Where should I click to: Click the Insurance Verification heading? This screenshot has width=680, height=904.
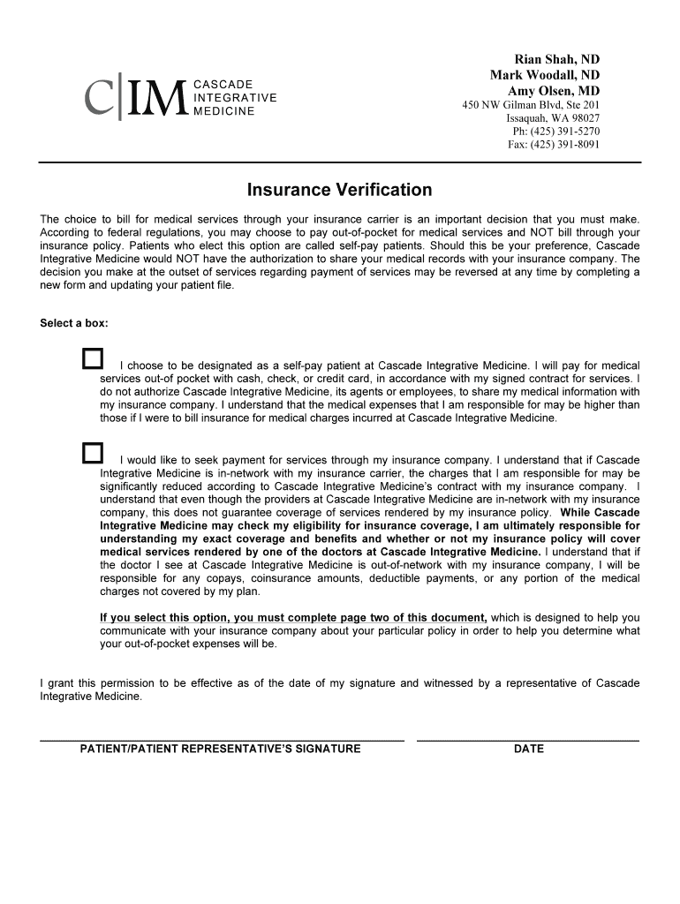pyautogui.click(x=339, y=190)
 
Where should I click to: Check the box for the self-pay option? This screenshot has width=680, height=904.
pyautogui.click(x=92, y=358)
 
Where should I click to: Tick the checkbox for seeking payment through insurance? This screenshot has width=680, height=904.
pyautogui.click(x=92, y=454)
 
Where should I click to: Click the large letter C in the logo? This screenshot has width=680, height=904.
pyautogui.click(x=100, y=100)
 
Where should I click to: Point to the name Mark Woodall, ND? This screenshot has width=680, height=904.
pyautogui.click(x=545, y=75)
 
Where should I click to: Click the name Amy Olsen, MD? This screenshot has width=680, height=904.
pyautogui.click(x=554, y=91)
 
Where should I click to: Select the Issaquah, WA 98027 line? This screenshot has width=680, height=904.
pyautogui.click(x=553, y=118)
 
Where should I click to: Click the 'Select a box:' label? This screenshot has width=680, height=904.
pyautogui.click(x=74, y=323)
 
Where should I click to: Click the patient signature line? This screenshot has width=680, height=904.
pyautogui.click(x=222, y=739)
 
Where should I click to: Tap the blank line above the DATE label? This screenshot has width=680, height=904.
pyautogui.click(x=527, y=739)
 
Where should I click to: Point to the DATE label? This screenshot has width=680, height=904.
pyautogui.click(x=529, y=750)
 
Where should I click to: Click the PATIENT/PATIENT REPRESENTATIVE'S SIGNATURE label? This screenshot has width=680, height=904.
pyautogui.click(x=221, y=750)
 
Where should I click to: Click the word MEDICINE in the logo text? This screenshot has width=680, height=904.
pyautogui.click(x=223, y=111)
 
